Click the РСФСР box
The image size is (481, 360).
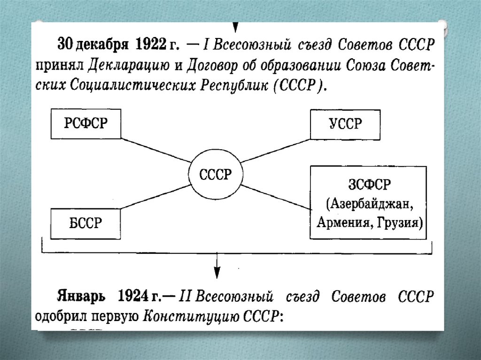click(85, 123)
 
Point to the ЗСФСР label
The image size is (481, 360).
click(368, 184)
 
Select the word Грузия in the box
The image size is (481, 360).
click(403, 222)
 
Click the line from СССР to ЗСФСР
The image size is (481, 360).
click(277, 197)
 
